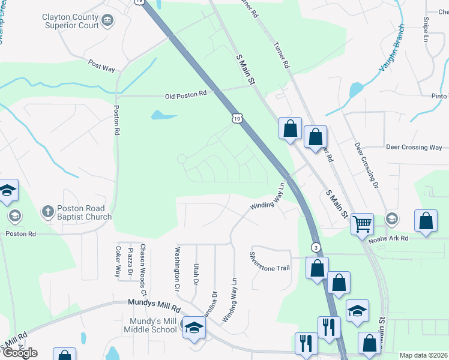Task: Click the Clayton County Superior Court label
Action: tap(70, 22)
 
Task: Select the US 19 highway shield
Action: tap(239, 119)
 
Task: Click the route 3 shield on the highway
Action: tap(315, 247)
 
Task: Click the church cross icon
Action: tap(47, 211)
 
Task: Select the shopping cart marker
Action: tap(362, 224)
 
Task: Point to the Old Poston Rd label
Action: tap(186, 94)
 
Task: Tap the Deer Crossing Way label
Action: tap(414, 147)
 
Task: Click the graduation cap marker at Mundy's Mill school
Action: tap(194, 327)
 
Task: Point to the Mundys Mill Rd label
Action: tap(154, 305)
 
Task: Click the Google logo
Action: tap(20, 353)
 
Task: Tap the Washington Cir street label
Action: tap(177, 269)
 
